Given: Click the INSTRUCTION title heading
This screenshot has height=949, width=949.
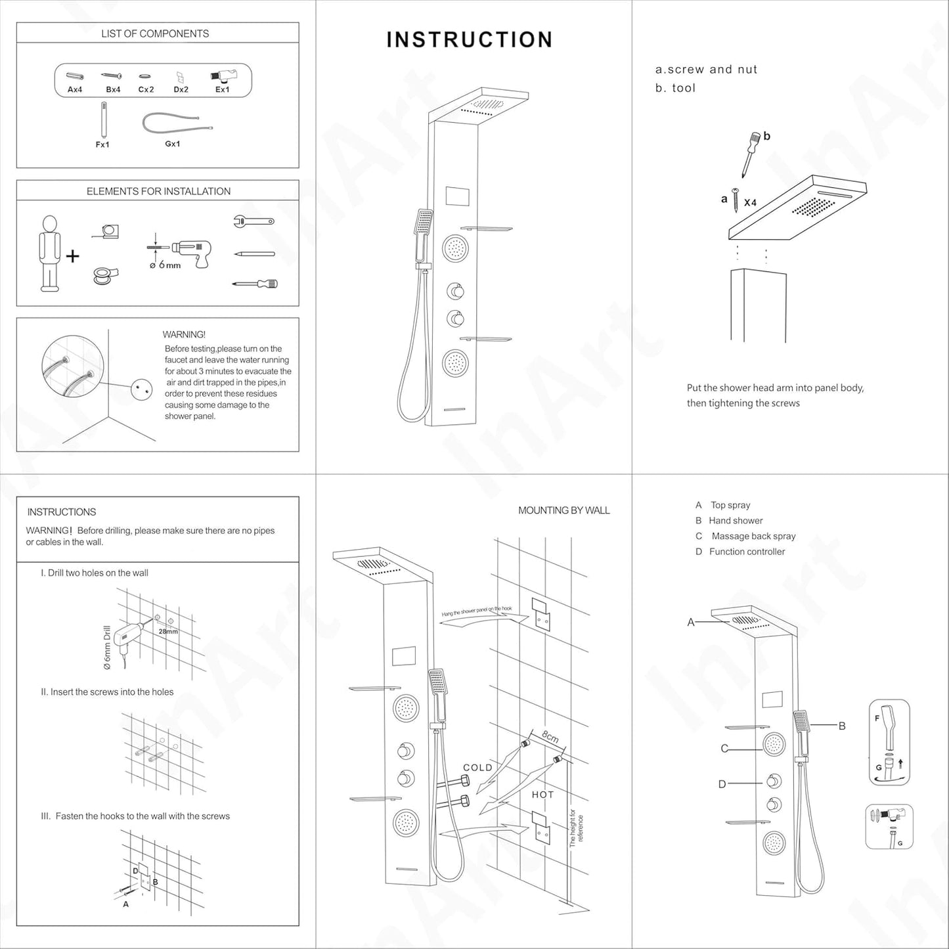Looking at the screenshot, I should (469, 39).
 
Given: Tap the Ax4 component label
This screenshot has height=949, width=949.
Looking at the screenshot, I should (75, 89).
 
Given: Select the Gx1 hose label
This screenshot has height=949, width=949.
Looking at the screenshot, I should (172, 144).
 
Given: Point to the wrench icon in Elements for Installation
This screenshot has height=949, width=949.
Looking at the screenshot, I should (253, 221).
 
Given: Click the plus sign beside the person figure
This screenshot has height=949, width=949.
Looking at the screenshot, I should (72, 255).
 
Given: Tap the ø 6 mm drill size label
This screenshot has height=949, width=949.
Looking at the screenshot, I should (165, 265).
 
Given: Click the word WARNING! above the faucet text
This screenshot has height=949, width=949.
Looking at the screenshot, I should (184, 334).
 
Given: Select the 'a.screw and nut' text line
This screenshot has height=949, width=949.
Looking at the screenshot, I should (706, 70).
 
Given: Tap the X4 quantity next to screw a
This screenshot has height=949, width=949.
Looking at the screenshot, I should (750, 203).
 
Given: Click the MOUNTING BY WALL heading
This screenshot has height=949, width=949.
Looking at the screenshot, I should (563, 510).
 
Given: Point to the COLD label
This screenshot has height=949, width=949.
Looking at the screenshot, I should (477, 767).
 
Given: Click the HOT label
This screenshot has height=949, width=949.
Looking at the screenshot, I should (542, 795).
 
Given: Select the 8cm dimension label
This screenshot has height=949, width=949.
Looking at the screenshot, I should (550, 737).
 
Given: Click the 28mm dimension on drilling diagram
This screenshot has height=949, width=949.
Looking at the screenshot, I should (168, 631).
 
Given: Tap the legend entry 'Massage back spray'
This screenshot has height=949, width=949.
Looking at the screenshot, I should (753, 536).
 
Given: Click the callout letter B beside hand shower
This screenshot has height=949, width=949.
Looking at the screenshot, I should (842, 726).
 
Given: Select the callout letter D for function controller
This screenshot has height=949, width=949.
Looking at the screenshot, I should (722, 783).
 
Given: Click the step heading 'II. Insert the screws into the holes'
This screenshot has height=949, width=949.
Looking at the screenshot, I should (107, 692).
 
